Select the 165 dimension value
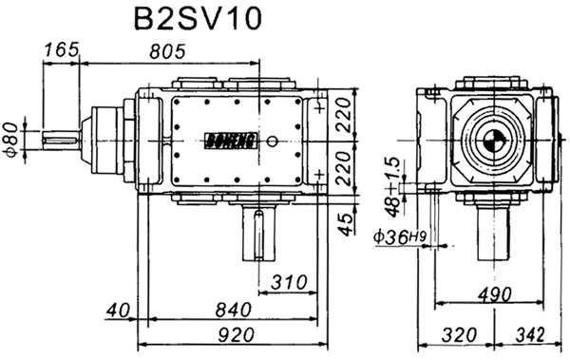click(60, 50)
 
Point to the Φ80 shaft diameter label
click(10, 139)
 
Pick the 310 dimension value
click(289, 282)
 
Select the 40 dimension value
click(117, 311)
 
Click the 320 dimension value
click(458, 336)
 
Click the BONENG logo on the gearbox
click(221, 140)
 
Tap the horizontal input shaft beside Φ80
click(62, 141)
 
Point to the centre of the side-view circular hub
click(491, 141)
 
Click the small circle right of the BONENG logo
click(273, 141)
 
